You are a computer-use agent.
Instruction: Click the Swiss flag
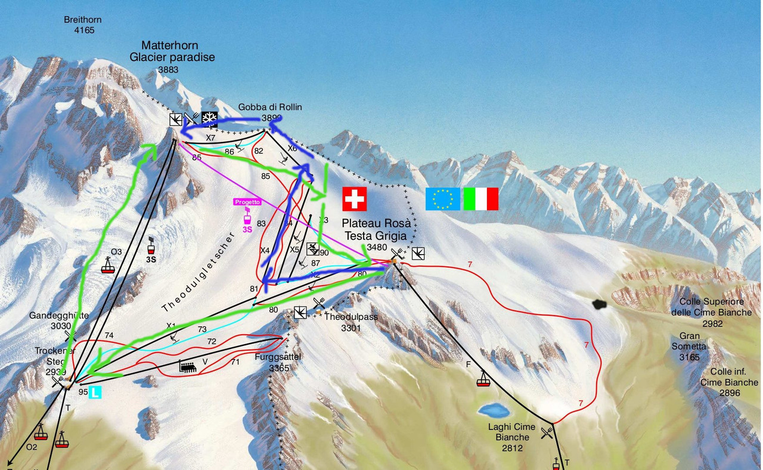coord(355,199)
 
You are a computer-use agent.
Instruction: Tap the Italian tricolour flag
coord(480,199)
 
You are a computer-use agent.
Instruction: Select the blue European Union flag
coord(442,199)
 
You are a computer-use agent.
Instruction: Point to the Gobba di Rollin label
coord(270,107)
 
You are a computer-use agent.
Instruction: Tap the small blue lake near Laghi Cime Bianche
coord(493,410)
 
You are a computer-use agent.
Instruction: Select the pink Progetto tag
coord(247,202)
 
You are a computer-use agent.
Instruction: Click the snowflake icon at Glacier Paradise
coord(209,119)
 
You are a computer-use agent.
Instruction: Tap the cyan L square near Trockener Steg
coord(95,392)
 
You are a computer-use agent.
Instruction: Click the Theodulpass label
coord(351,317)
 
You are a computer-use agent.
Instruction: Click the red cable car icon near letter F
coord(483,379)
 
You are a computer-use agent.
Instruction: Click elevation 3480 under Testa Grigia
coord(377,247)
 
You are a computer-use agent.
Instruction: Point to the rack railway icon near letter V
coord(188,367)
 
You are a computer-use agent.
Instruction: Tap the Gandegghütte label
coord(59,316)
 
